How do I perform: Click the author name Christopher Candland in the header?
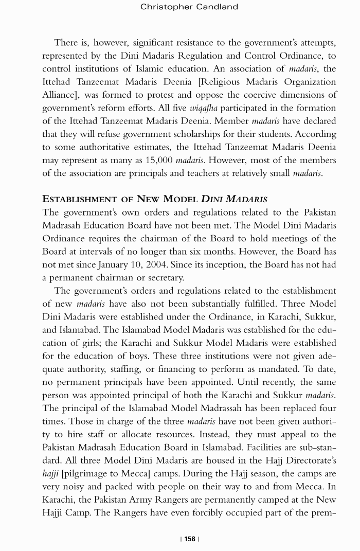tap(189, 7)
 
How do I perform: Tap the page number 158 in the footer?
tap(190, 539)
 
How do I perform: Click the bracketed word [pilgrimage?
tap(85, 474)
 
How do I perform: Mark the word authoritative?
tap(105, 147)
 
